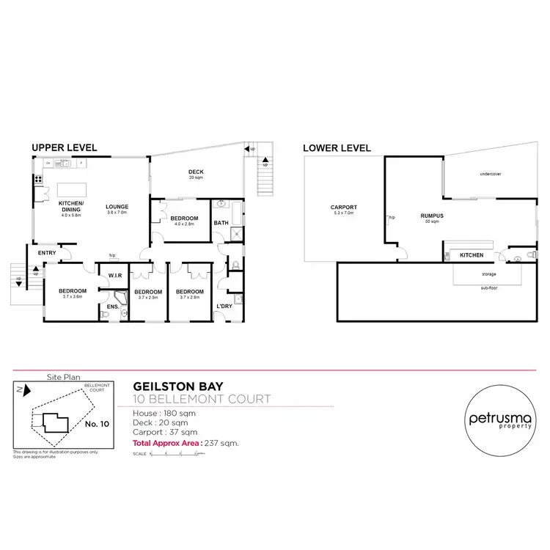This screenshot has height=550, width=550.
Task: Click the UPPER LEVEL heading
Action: click(x=65, y=147)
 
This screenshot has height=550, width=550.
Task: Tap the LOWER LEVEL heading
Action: click(x=337, y=147)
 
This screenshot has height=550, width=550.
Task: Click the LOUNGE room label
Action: click(x=117, y=207)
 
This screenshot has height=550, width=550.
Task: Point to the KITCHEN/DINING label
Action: click(x=71, y=206)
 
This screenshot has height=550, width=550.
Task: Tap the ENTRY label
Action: click(x=47, y=254)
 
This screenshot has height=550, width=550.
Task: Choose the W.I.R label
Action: click(x=114, y=276)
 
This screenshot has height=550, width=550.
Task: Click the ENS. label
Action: click(x=114, y=306)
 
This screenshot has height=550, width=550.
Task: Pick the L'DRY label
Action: click(x=224, y=307)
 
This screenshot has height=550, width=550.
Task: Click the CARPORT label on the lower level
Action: click(x=344, y=208)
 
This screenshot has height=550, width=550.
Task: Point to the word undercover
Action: click(x=489, y=174)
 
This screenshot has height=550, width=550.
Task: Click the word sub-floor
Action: click(x=488, y=288)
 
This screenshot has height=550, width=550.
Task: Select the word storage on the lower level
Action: click(x=488, y=274)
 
